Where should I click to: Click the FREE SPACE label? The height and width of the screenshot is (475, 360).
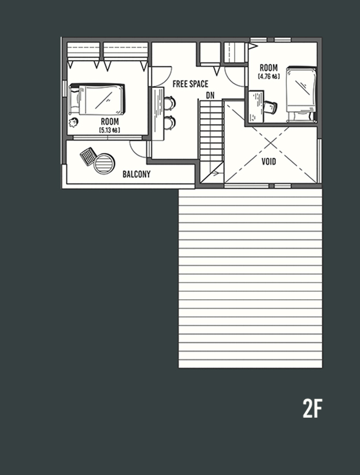(x=190, y=84)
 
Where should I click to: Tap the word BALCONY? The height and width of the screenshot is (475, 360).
(x=136, y=175)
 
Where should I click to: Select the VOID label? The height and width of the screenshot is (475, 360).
(x=269, y=162)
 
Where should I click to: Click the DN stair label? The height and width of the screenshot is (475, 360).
(x=210, y=96)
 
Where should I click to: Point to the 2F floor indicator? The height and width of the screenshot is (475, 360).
(x=313, y=408)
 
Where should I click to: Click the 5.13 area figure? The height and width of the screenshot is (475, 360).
(x=110, y=130)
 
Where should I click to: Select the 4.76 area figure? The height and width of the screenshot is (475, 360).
(x=268, y=76)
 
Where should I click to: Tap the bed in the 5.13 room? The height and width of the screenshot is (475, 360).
(x=98, y=99)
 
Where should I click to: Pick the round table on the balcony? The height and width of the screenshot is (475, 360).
(x=105, y=163)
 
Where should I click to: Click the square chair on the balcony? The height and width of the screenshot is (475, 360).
(x=88, y=157)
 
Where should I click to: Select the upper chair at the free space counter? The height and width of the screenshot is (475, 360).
(x=170, y=102)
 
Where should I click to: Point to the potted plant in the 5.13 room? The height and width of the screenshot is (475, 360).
(x=74, y=121)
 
